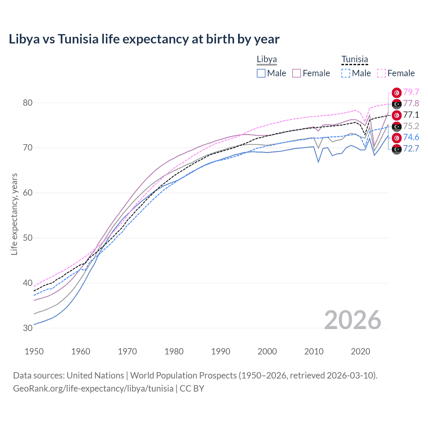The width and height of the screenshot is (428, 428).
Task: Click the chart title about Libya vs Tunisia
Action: (x=144, y=39)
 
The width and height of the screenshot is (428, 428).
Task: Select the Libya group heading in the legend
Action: (x=266, y=60)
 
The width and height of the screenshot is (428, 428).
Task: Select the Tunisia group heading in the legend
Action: (x=354, y=60)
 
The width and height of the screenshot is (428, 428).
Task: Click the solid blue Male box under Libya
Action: (x=261, y=73)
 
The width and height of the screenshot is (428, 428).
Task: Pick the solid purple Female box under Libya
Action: (x=297, y=73)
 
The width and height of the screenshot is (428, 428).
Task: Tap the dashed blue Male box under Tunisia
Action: (x=346, y=73)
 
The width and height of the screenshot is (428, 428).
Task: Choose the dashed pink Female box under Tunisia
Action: (x=382, y=73)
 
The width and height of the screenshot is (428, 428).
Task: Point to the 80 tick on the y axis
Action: (x=27, y=103)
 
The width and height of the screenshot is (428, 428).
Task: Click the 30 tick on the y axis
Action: (x=27, y=328)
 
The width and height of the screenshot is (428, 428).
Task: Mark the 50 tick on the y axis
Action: (x=27, y=238)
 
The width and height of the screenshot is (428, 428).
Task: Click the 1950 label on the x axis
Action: (x=34, y=351)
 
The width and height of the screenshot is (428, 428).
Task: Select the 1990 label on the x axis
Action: (x=221, y=351)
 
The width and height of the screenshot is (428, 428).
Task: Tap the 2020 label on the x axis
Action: (x=360, y=351)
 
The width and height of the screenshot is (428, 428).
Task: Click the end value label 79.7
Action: (x=411, y=92)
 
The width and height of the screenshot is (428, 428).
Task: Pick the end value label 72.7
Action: (x=411, y=148)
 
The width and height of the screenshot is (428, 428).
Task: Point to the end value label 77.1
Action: (x=411, y=115)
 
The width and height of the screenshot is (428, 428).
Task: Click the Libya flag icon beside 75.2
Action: (x=397, y=126)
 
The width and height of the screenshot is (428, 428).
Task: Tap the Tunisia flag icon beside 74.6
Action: (x=397, y=137)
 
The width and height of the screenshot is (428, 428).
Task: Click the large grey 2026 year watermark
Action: (x=352, y=320)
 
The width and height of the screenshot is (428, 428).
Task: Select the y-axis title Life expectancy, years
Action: (x=14, y=214)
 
